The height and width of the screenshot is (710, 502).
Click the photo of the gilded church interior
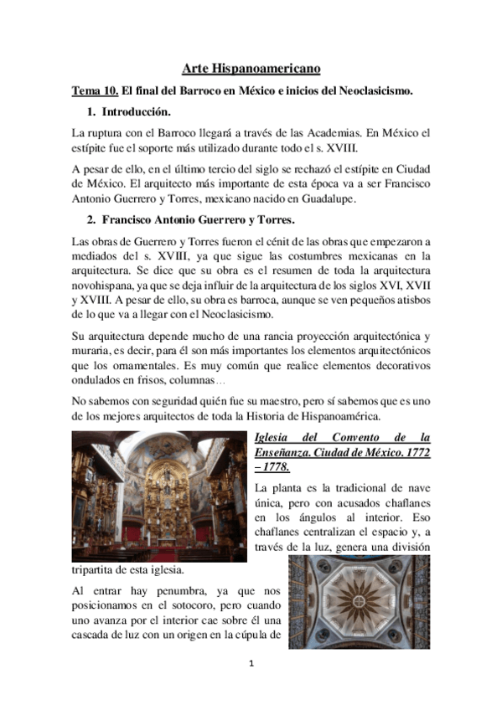click(x=159, y=496)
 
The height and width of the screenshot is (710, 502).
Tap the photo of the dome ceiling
click(x=358, y=603)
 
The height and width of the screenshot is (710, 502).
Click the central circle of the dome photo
click(x=358, y=602)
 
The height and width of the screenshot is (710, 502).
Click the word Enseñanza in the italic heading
click(x=284, y=451)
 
